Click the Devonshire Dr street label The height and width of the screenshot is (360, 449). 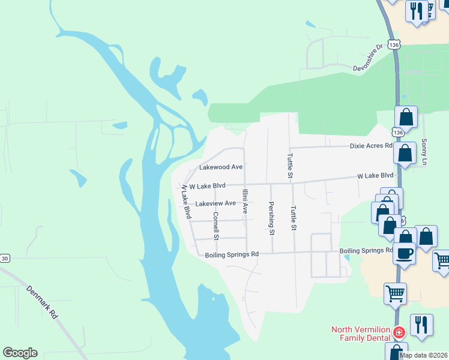click(368, 57)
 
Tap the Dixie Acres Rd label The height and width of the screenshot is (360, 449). click(372, 146)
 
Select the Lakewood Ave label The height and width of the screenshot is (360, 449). click(220, 167)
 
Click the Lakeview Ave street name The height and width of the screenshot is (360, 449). click(216, 203)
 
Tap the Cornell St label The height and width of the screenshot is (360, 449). click(216, 225)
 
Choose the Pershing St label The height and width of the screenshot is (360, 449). click(271, 218)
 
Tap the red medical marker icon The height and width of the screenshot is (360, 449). click(399, 332)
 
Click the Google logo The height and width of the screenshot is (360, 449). click(20, 353)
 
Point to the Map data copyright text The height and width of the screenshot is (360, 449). click(423, 355)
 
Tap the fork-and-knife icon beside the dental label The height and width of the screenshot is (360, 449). click(421, 325)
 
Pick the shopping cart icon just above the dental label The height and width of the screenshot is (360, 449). click(395, 293)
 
